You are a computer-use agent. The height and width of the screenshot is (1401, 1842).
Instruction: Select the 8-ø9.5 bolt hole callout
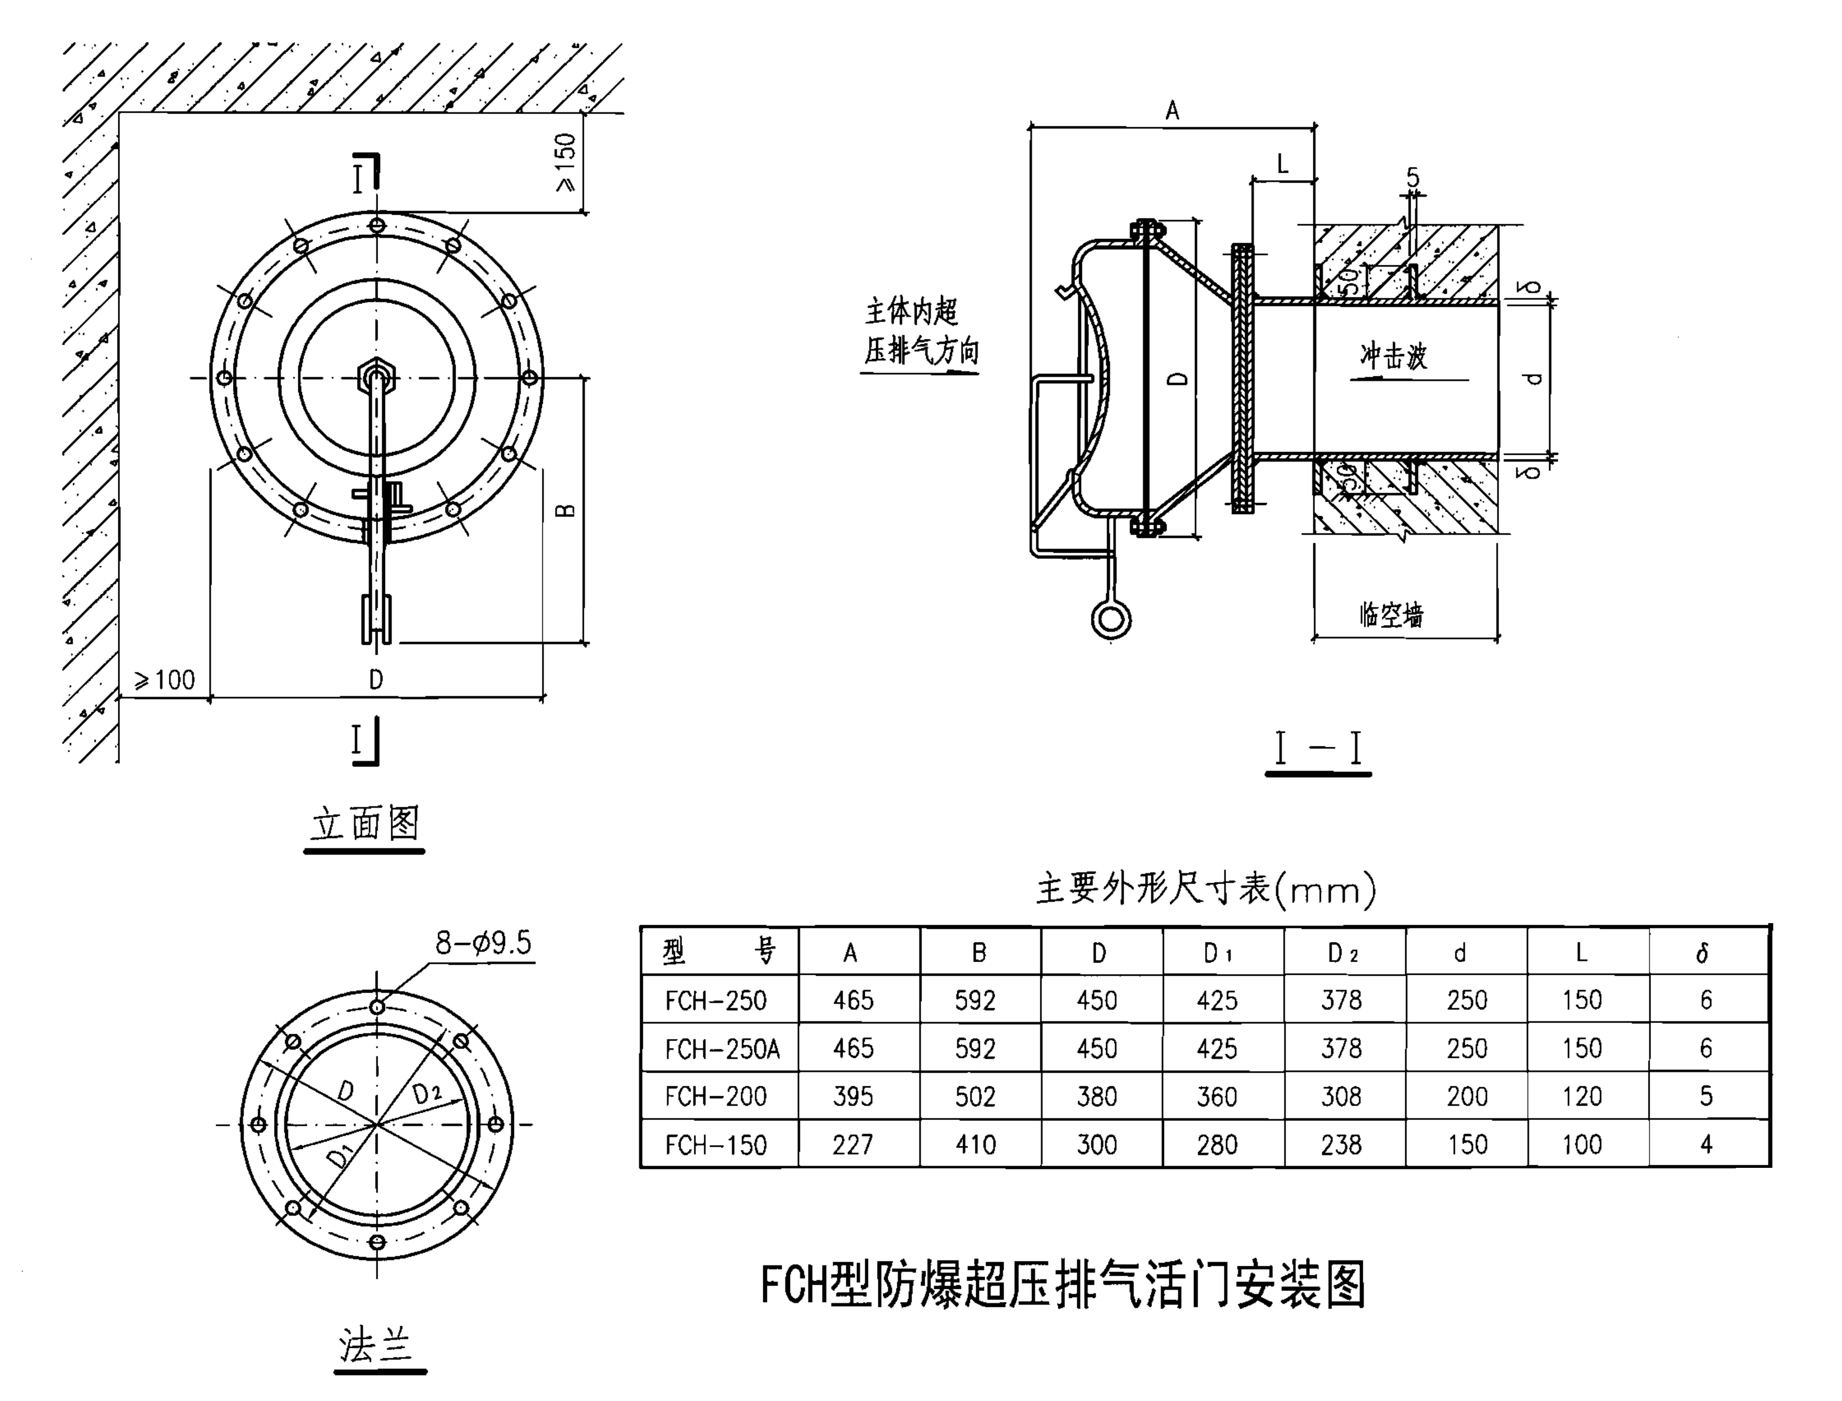click(483, 943)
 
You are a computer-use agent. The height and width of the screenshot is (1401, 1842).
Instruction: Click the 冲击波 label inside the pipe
click(1393, 356)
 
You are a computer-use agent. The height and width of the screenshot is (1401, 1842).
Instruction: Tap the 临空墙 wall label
click(1391, 615)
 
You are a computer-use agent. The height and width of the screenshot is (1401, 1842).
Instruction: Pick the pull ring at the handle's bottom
click(1111, 619)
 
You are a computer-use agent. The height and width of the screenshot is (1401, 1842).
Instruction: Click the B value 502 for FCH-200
click(975, 1096)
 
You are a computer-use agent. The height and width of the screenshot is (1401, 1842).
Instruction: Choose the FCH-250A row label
click(722, 1048)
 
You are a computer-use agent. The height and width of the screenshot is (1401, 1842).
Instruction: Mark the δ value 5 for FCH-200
click(1705, 1096)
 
